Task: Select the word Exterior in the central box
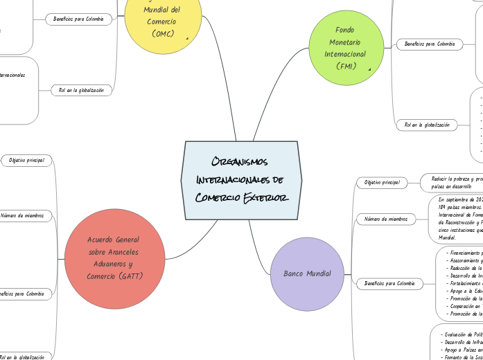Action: tap(265, 199)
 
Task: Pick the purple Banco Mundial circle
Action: tap(307, 273)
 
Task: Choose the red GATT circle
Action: tap(114, 258)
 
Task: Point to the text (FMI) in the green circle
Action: tap(344, 66)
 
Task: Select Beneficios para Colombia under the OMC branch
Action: tap(78, 19)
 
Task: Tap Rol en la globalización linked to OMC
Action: tap(81, 90)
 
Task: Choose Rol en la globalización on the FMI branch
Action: tap(427, 125)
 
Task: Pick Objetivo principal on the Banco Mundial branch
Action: tap(382, 182)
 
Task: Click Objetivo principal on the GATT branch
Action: tap(26, 161)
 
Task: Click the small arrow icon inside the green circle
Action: tap(370, 69)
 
